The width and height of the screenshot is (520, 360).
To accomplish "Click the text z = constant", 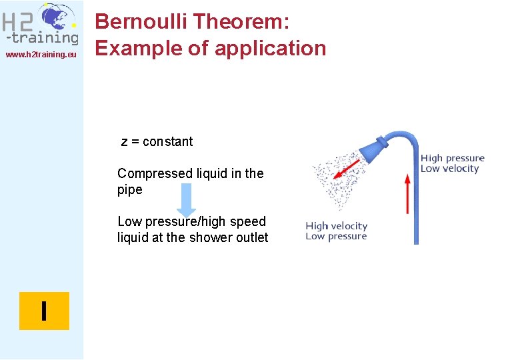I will (x=157, y=141).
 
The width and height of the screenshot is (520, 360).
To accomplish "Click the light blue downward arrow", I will (x=186, y=199).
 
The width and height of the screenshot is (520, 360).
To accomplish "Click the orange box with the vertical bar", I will (x=44, y=311).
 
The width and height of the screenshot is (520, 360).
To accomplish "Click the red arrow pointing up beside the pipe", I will (x=408, y=193).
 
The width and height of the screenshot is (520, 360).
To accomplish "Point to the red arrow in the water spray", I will (x=347, y=169).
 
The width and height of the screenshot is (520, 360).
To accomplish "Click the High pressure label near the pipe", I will (x=453, y=158).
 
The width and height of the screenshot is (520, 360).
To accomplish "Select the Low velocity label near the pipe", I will (x=450, y=169).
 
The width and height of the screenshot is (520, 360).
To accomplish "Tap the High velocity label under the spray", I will (x=337, y=226).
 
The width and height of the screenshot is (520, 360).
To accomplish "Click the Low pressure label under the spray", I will (x=336, y=237).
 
